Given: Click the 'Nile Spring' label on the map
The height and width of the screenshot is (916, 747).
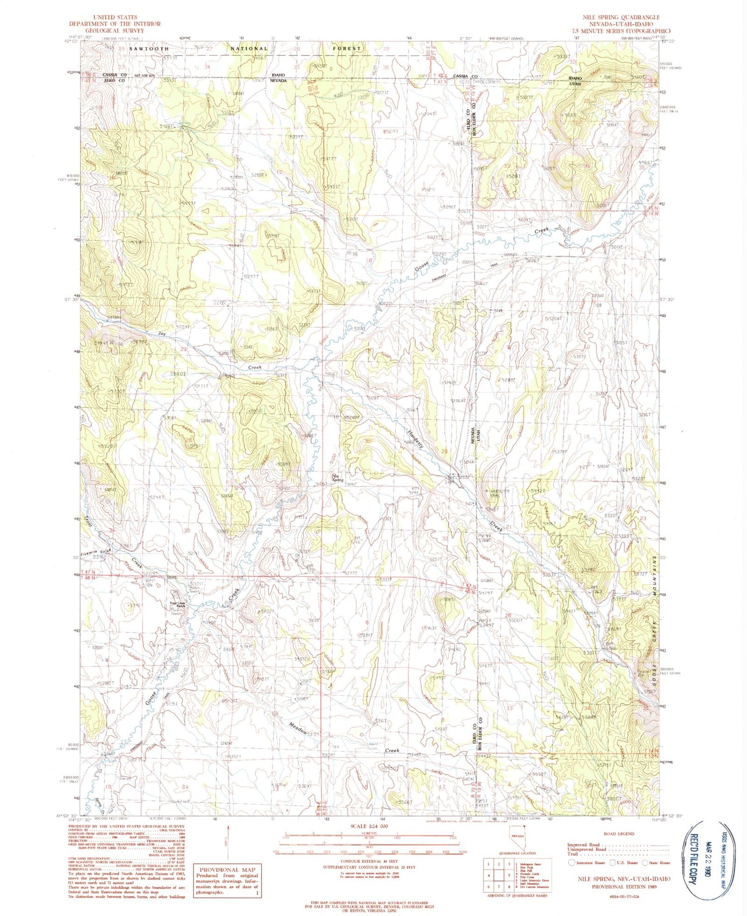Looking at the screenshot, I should [337, 477].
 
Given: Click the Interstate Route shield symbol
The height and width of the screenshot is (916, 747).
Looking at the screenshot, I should [571, 863].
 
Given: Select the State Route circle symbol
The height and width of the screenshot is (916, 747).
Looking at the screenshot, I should [646, 863].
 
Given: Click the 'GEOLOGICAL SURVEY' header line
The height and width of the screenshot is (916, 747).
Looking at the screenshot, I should [114, 30].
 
